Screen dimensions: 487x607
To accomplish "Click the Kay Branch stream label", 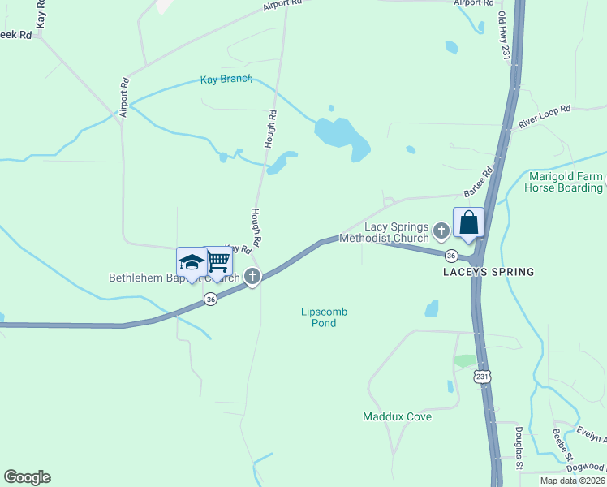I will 226,80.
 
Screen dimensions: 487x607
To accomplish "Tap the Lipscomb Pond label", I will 318,317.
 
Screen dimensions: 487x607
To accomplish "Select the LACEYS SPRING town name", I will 489,272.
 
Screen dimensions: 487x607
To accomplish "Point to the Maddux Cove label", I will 397,417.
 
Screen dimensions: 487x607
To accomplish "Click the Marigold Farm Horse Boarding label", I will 564,182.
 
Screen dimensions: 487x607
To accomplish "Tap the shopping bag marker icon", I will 469,222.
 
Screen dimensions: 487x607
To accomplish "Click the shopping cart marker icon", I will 217,261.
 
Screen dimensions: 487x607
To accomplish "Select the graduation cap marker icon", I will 192,262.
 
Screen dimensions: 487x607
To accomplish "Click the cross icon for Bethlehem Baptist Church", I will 252,277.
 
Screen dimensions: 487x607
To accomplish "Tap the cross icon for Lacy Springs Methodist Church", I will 441,231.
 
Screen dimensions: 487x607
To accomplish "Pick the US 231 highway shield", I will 483,377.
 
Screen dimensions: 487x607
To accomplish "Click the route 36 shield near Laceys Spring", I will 450,255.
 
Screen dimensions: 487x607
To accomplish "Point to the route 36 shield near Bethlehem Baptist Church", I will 211,299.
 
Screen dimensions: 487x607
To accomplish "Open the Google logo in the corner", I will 27,477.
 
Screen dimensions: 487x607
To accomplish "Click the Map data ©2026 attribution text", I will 571,481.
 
